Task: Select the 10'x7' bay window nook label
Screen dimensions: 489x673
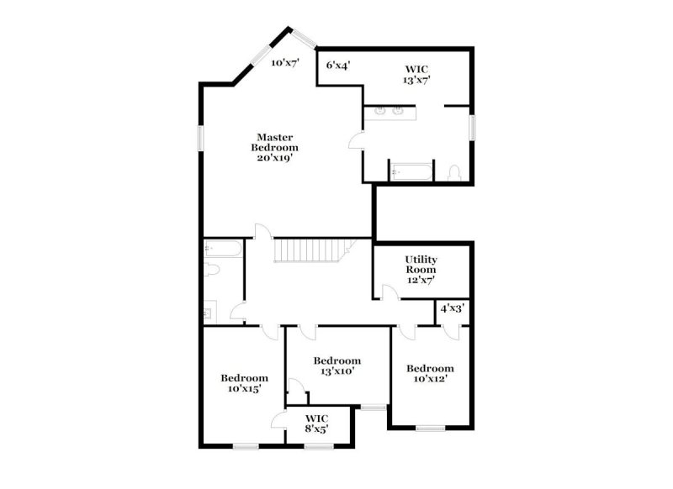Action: tap(285, 63)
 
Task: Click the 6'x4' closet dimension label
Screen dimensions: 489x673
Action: tap(338, 64)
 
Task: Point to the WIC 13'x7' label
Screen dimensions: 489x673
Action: tap(416, 76)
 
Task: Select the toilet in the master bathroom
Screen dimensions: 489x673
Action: tap(454, 173)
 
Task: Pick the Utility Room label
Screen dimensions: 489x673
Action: tap(421, 269)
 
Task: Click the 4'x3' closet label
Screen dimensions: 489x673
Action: tap(453, 308)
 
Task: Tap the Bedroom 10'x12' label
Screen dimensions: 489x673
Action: tap(430, 373)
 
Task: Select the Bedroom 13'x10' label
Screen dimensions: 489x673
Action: tap(337, 365)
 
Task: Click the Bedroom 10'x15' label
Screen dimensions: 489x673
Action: tap(245, 383)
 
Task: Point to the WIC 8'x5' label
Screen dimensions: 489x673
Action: tap(316, 423)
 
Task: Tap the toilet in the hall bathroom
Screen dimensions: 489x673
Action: tap(211, 271)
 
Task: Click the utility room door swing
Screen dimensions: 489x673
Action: tap(388, 292)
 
